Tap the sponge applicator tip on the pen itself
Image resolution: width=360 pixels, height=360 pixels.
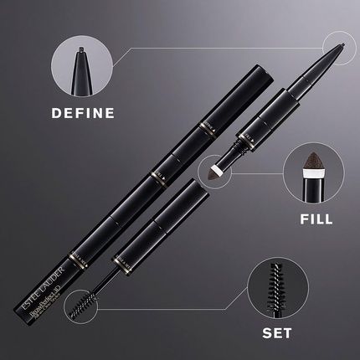coord(217,171)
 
